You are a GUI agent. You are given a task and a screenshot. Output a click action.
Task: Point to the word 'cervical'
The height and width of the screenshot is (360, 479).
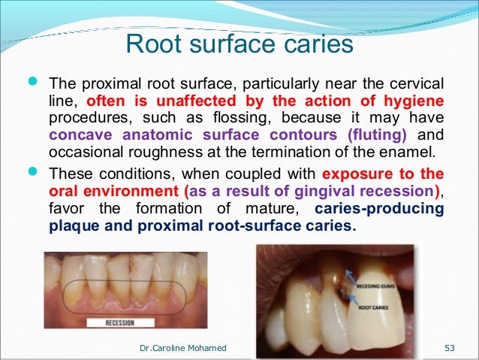[411, 83]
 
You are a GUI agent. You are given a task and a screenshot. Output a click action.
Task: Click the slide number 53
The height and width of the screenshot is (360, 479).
[450, 347]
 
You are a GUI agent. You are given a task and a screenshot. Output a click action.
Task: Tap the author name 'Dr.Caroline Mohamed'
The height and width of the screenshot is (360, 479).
[184, 347]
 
